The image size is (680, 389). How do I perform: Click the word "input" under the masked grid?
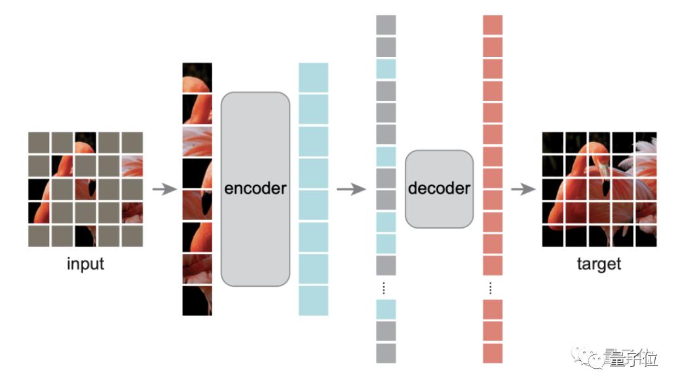point(85,265)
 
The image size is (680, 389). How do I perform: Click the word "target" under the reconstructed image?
point(598,265)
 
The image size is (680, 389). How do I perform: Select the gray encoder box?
point(255,189)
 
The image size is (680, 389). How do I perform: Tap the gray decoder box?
point(438,189)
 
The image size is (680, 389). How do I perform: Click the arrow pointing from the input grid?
point(164,189)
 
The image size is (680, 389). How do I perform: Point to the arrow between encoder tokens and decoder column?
point(350,189)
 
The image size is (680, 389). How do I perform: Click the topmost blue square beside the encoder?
point(313,77)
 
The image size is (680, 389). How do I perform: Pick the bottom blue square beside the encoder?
point(313,301)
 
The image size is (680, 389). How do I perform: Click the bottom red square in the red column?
point(493,353)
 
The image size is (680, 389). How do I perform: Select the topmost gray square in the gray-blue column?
point(386,25)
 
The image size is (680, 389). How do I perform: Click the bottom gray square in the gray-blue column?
point(386,353)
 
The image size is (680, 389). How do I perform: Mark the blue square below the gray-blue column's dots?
point(386,309)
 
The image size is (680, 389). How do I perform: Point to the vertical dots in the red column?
point(491,287)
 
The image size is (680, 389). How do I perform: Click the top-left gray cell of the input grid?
point(39,141)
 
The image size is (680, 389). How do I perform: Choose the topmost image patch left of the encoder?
point(197,77)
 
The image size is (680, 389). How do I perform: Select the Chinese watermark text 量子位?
point(632,358)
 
